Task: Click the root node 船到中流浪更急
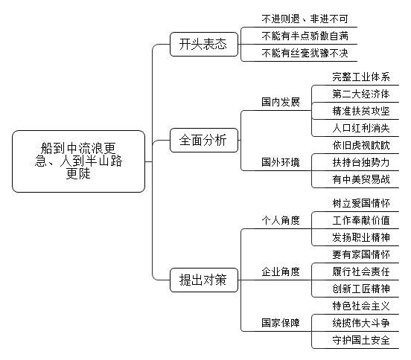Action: pyautogui.click(x=78, y=161)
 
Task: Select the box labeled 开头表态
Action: pyautogui.click(x=204, y=44)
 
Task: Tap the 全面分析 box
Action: pyautogui.click(x=204, y=140)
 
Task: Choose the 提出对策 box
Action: pyautogui.click(x=204, y=280)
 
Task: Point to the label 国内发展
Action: pyautogui.click(x=281, y=102)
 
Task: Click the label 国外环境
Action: pyautogui.click(x=281, y=162)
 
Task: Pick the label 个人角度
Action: pyautogui.click(x=281, y=220)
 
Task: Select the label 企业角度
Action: pyautogui.click(x=281, y=271)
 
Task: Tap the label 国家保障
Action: pyautogui.click(x=281, y=323)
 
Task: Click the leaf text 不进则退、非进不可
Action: pyautogui.click(x=305, y=19)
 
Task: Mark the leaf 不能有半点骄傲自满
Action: pyautogui.click(x=305, y=36)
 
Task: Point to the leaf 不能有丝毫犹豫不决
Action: pyautogui.click(x=305, y=53)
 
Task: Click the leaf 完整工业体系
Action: pyautogui.click(x=361, y=77)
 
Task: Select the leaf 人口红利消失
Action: pyautogui.click(x=361, y=128)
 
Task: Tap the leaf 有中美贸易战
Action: pyautogui.click(x=361, y=179)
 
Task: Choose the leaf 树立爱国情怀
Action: pyautogui.click(x=361, y=204)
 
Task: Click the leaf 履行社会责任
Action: pyautogui.click(x=361, y=271)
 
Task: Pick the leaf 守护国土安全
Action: pyautogui.click(x=361, y=341)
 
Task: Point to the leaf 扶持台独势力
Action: pyautogui.click(x=361, y=162)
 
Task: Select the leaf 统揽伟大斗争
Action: pyautogui.click(x=361, y=323)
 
